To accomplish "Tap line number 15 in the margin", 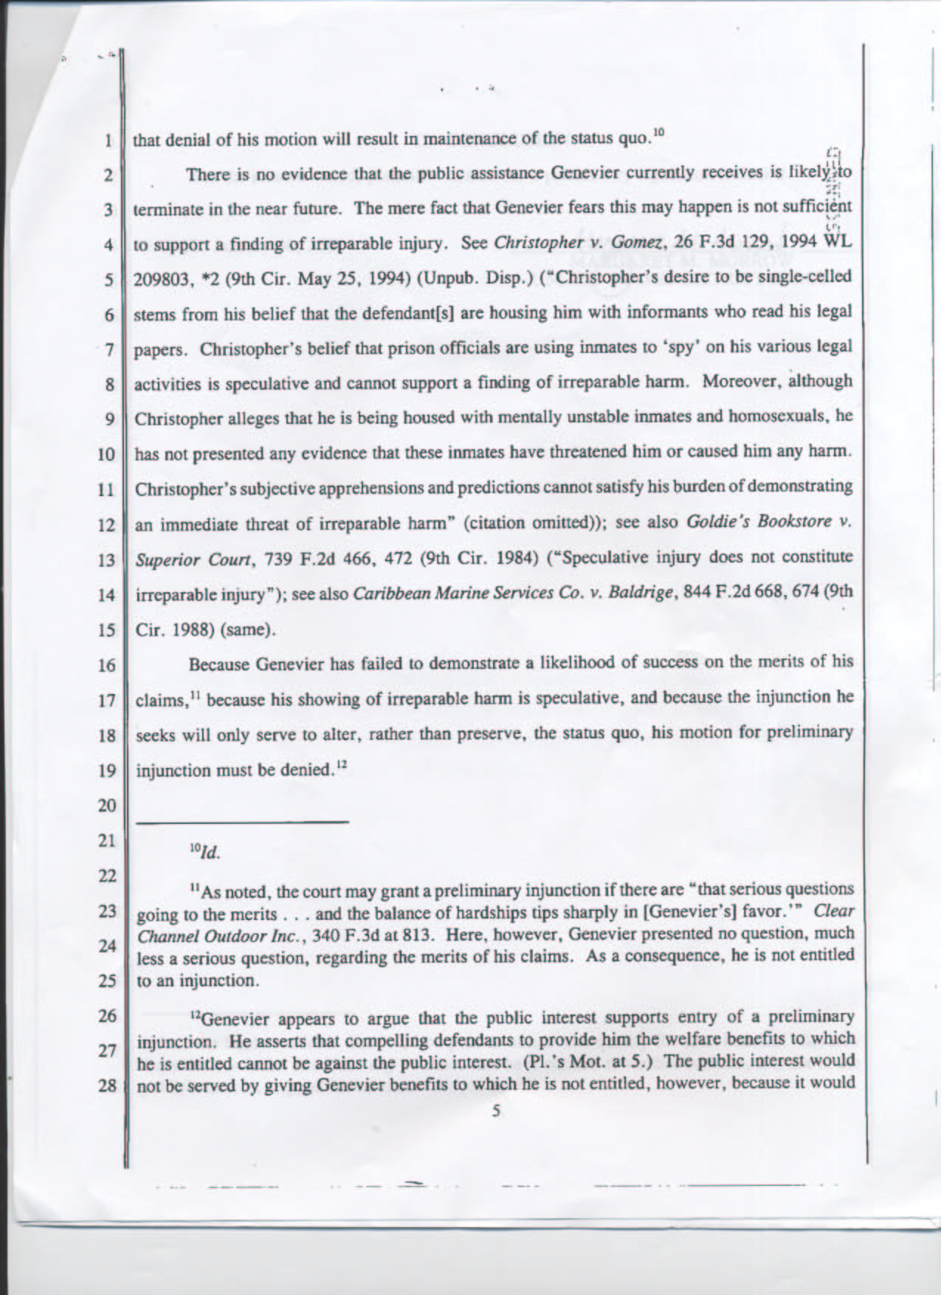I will (x=106, y=631).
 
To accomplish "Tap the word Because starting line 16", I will (x=219, y=664).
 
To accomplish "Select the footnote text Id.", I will (x=210, y=853).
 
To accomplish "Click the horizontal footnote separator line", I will (x=241, y=822).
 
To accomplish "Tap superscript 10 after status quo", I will (x=658, y=133).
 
